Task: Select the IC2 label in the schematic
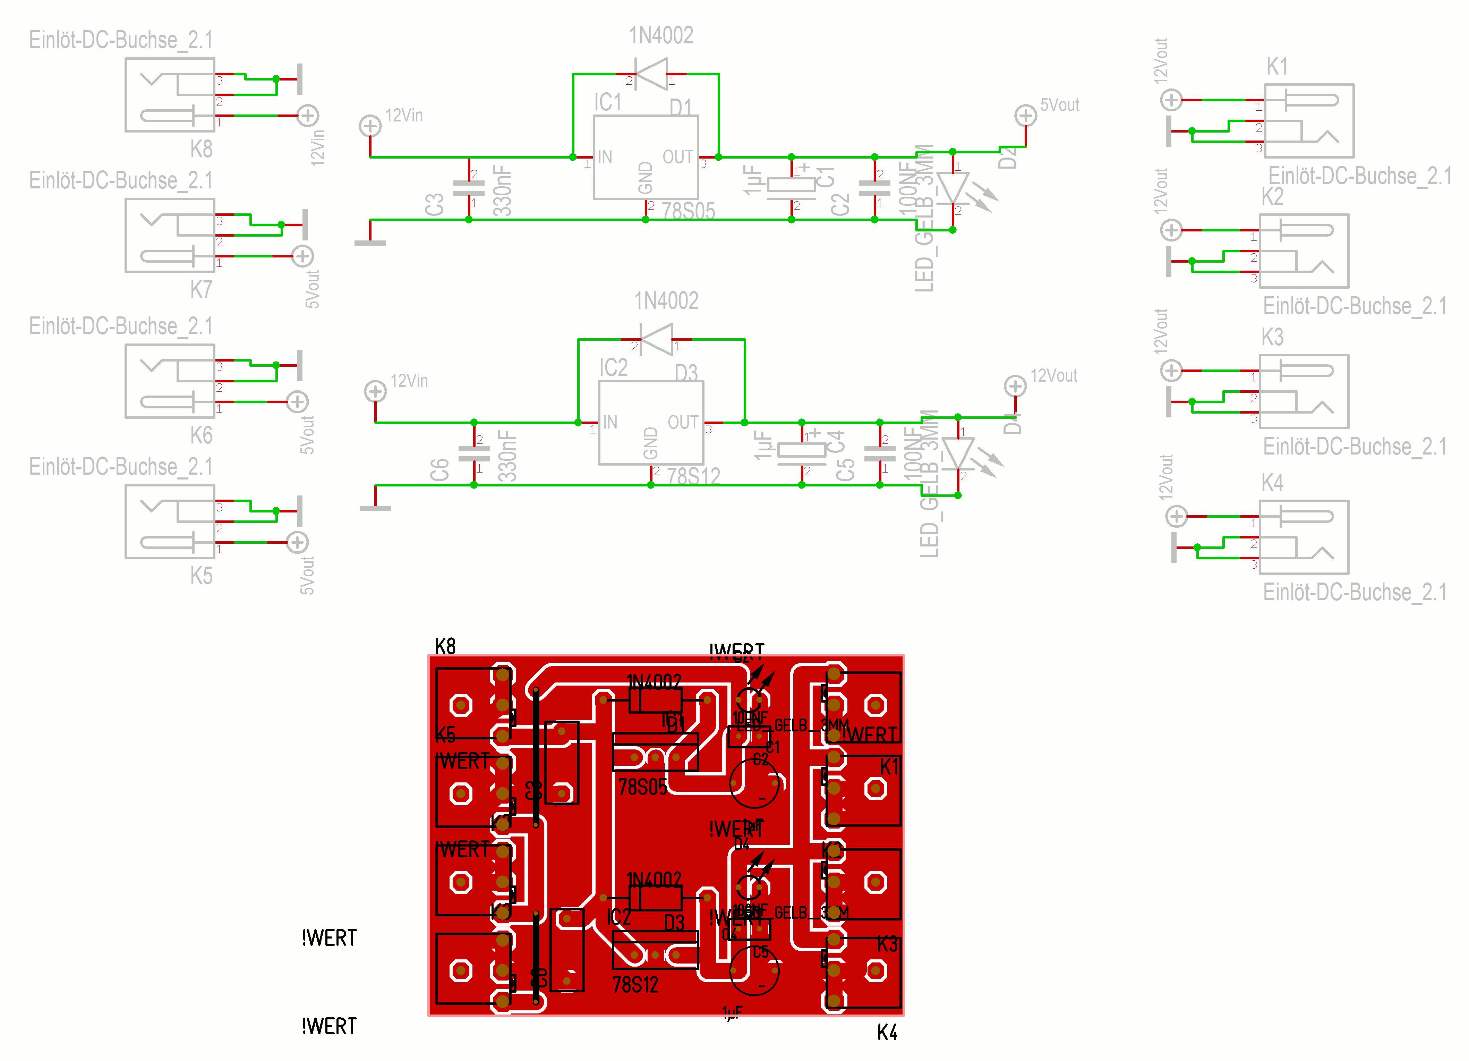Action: pos(613,367)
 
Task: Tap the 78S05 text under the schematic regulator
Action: pos(689,211)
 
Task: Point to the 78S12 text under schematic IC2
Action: pos(694,477)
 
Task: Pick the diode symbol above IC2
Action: pos(656,339)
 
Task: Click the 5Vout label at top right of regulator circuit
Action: pos(1060,105)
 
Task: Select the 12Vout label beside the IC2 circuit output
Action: pos(1054,376)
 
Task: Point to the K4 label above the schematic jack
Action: pos(1272,483)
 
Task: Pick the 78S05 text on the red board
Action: pos(642,787)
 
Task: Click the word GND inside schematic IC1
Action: pos(645,178)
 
